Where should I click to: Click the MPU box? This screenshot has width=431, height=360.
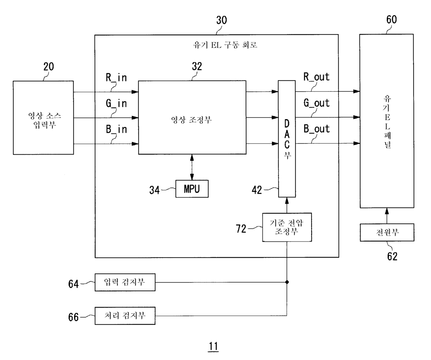pyautogui.click(x=192, y=189)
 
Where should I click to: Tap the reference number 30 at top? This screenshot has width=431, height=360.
pyautogui.click(x=221, y=20)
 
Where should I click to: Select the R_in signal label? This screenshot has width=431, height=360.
pyautogui.click(x=116, y=77)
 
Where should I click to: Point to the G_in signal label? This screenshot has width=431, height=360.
pyautogui.click(x=116, y=103)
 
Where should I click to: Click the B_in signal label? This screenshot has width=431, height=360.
pyautogui.click(x=116, y=129)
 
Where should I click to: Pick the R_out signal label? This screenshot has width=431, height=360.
pyautogui.click(x=316, y=77)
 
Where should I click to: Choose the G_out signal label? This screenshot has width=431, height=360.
pyautogui.click(x=316, y=103)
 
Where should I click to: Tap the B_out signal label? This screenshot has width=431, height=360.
pyautogui.click(x=316, y=129)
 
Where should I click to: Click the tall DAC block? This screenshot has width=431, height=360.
pyautogui.click(x=287, y=139)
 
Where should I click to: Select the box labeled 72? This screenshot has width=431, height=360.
pyautogui.click(x=287, y=227)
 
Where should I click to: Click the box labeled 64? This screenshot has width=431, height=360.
pyautogui.click(x=125, y=282)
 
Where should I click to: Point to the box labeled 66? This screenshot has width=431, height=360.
pyautogui.click(x=125, y=316)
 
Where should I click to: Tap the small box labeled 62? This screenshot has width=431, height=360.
pyautogui.click(x=387, y=232)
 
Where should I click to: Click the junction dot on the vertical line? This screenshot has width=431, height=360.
pyautogui.click(x=287, y=282)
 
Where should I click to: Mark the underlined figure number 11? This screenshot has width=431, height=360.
pyautogui.click(x=213, y=346)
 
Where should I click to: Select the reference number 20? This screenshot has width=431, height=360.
pyautogui.click(x=49, y=67)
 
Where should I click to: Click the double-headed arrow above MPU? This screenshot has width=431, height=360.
pyautogui.click(x=192, y=167)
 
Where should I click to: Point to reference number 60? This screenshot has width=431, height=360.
pyautogui.click(x=392, y=19)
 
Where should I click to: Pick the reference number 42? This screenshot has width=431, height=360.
pyautogui.click(x=257, y=190)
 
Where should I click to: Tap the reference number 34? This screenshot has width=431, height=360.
pyautogui.click(x=154, y=190)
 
